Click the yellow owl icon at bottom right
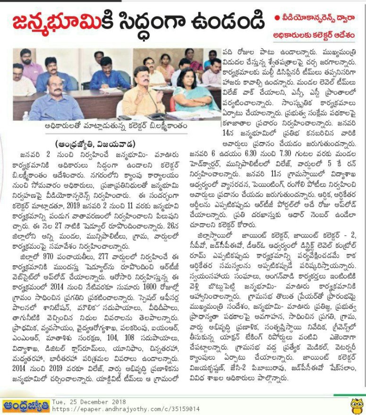(x=357, y=405)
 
